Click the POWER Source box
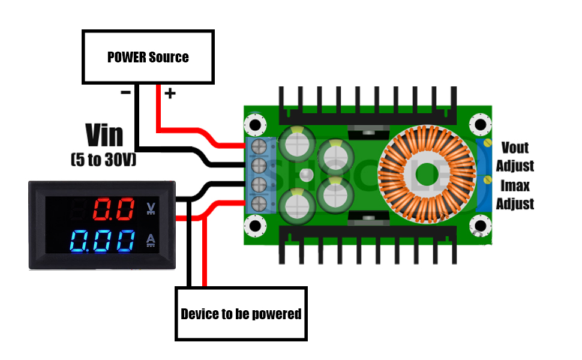click(148, 57)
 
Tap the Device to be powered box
click(241, 314)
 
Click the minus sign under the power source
click(126, 92)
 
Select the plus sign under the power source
click(170, 93)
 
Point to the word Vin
click(104, 135)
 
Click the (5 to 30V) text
click(103, 160)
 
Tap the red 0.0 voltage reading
click(113, 210)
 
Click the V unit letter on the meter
click(151, 209)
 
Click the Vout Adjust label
click(515, 156)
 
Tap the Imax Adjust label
click(515, 194)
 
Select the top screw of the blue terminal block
click(259, 146)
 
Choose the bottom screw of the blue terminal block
click(259, 202)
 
